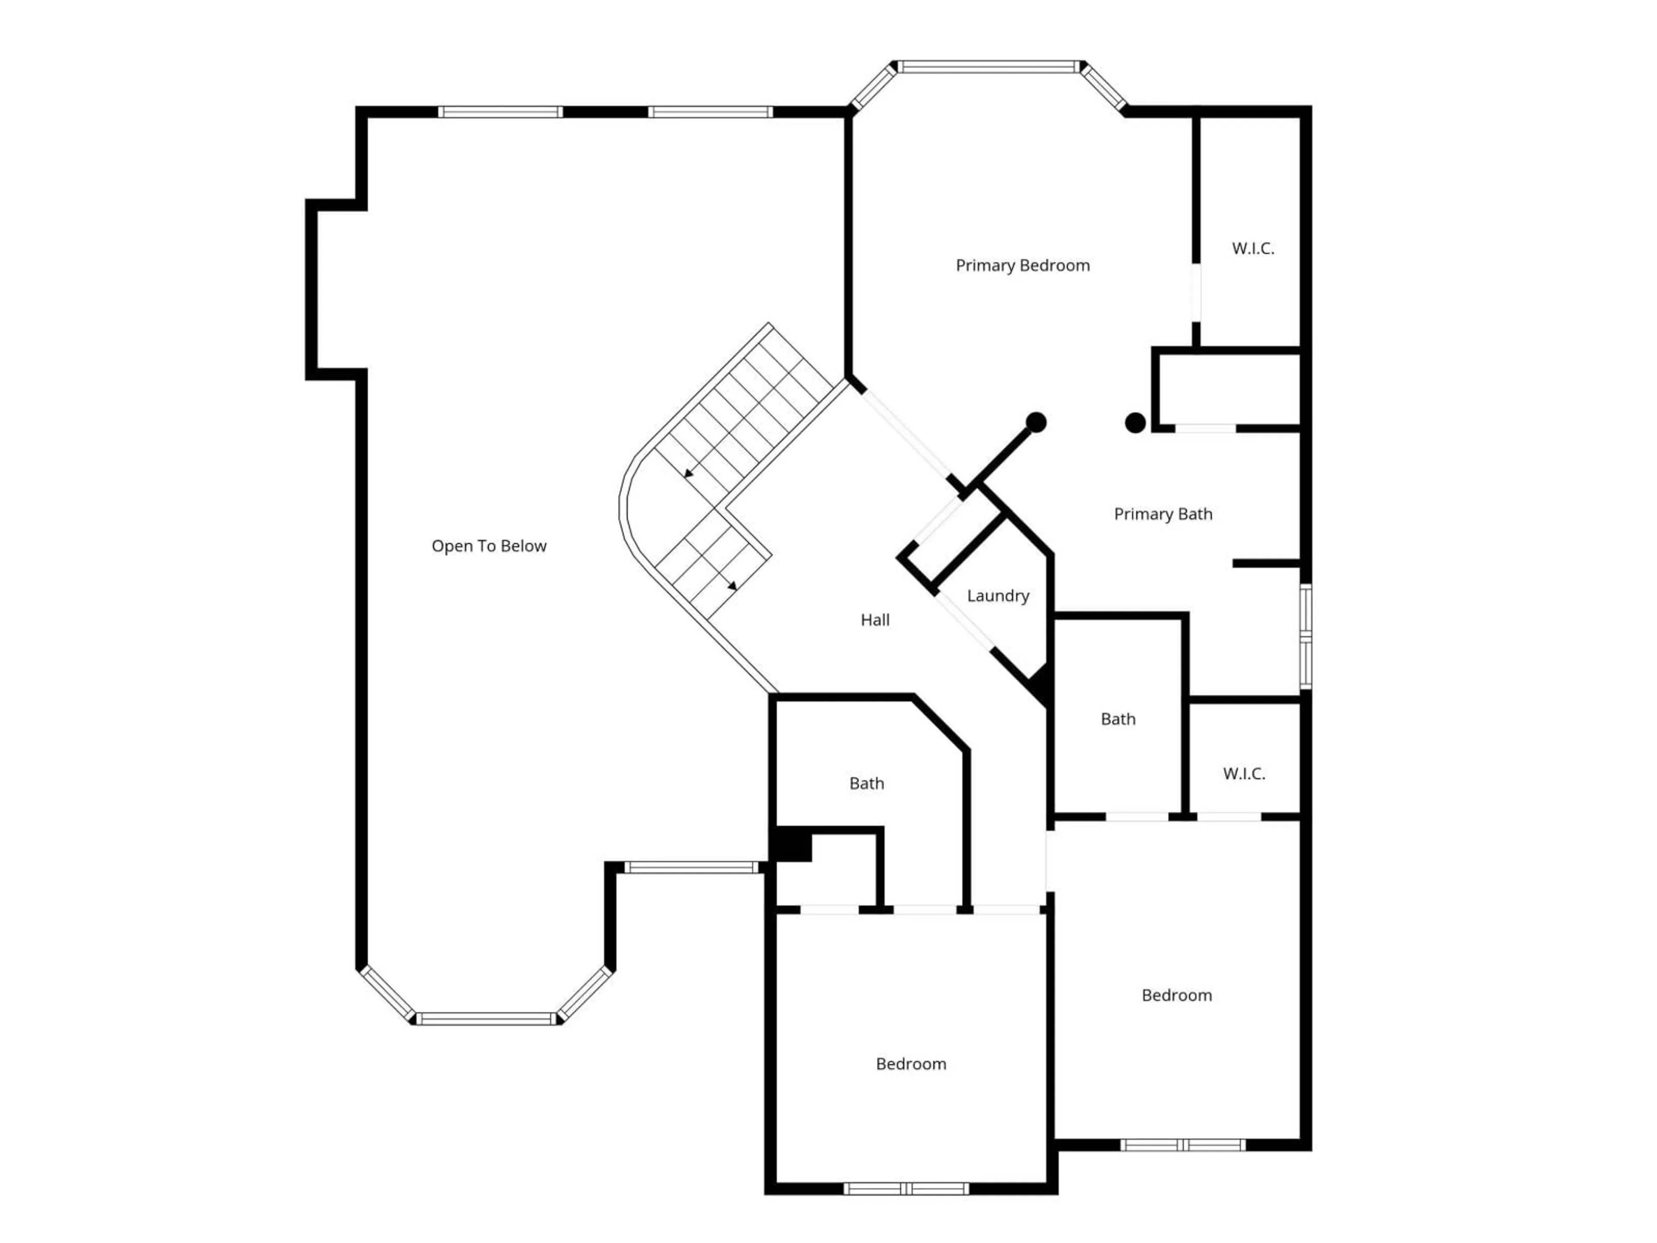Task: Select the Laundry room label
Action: coord(997,596)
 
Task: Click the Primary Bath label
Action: coord(1162,514)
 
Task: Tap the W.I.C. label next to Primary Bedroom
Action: coord(1253,249)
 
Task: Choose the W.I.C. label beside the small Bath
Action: coord(1244,774)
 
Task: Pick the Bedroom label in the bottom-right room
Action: coord(1176,995)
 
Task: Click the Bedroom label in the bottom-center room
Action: coord(911,1064)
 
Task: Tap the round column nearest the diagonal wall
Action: coord(1036,423)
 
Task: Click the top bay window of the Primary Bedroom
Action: coord(989,67)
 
